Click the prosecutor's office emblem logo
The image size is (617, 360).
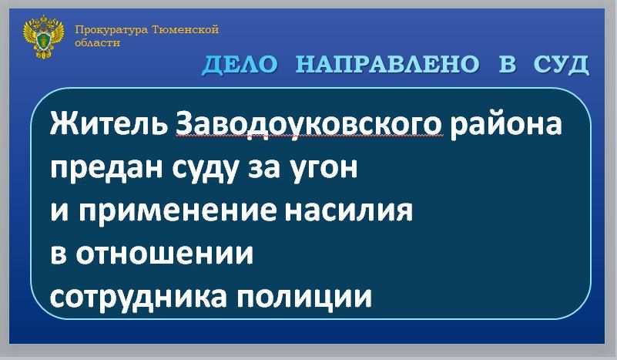(42, 39)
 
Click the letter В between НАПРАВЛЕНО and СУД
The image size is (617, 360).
(506, 66)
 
